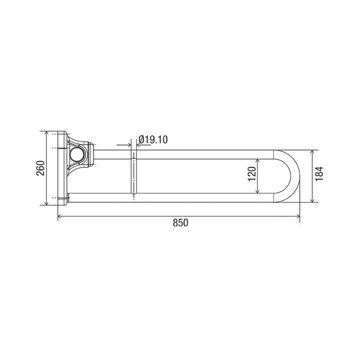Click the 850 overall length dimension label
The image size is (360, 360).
tap(181, 223)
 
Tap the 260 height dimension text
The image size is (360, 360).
tap(41, 168)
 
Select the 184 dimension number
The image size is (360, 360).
tap(319, 174)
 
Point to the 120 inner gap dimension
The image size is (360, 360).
tap(252, 174)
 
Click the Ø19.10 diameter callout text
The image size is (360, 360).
tap(153, 139)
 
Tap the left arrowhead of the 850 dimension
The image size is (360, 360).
tap(59, 216)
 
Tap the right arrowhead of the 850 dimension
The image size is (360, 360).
tap(298, 216)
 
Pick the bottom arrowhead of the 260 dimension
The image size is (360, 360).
tap(46, 203)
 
